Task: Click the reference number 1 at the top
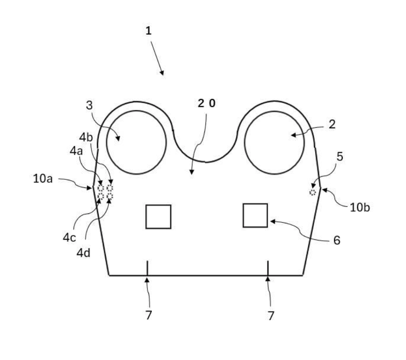[x=148, y=31]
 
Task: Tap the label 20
[x=207, y=104]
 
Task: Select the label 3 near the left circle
[x=89, y=105]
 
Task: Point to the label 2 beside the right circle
[x=332, y=125]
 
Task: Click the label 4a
[x=76, y=151]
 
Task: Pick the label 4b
[x=86, y=137]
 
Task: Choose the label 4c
[x=69, y=238]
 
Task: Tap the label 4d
[x=83, y=253]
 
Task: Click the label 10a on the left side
[x=43, y=179]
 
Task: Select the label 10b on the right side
[x=360, y=208]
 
